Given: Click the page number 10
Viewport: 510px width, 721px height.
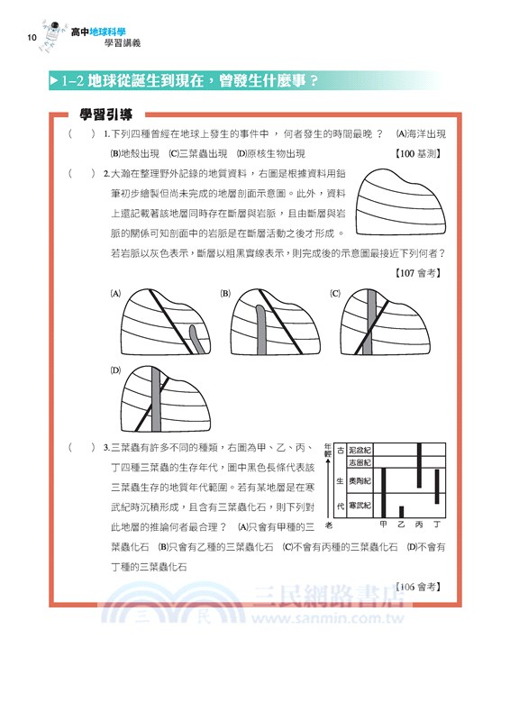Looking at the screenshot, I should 32,37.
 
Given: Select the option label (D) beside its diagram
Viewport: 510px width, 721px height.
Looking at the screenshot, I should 115,370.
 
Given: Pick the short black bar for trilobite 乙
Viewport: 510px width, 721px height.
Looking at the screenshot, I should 401,511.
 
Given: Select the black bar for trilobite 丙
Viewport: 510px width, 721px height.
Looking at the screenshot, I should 419,466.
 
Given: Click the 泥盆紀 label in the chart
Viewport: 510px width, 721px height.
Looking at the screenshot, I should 360,449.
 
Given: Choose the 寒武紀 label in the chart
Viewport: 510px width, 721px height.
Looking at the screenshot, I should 360,505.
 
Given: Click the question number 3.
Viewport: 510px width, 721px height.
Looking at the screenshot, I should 107,447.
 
